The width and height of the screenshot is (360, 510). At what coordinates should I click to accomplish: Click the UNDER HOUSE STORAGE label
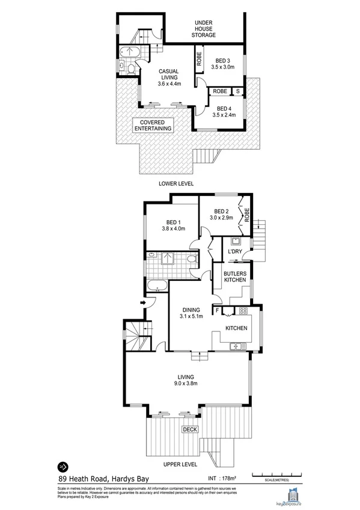(204, 29)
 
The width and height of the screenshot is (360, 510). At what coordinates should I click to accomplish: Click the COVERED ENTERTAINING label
(153, 124)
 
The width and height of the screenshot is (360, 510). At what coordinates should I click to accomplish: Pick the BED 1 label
(173, 225)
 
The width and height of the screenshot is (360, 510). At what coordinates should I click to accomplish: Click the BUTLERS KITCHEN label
(234, 277)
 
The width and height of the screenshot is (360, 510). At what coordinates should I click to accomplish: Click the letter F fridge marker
(216, 310)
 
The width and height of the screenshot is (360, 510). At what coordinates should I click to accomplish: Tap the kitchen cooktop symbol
(243, 310)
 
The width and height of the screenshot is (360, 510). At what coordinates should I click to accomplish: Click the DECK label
(190, 429)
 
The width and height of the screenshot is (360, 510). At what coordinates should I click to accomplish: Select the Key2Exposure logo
(295, 494)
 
